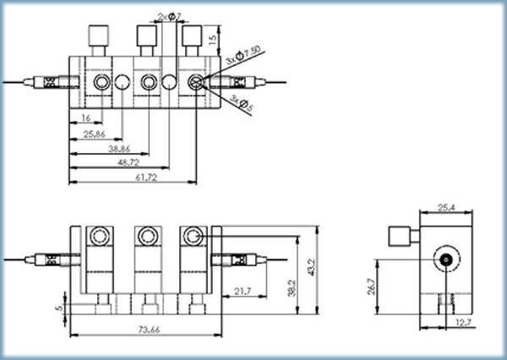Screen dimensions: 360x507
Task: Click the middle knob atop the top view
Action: pyautogui.click(x=147, y=36)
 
